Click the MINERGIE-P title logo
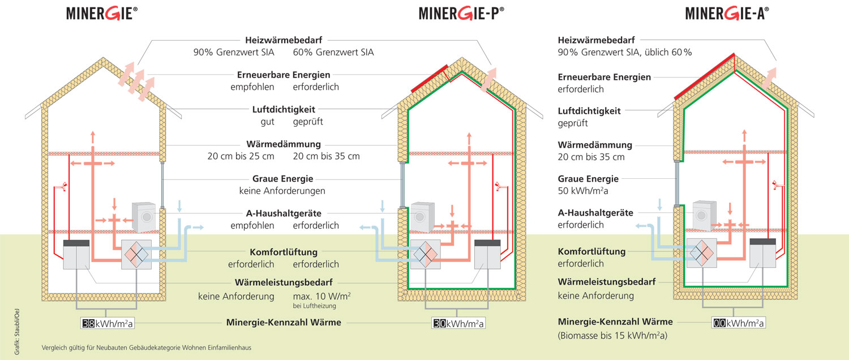[461, 13]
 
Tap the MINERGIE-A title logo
[727, 13]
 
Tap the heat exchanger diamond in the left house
[136, 254]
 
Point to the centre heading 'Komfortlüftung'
[284, 252]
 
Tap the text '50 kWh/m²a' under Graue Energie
[583, 191]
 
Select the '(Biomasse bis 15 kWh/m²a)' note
[612, 336]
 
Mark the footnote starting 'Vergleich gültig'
[146, 347]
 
